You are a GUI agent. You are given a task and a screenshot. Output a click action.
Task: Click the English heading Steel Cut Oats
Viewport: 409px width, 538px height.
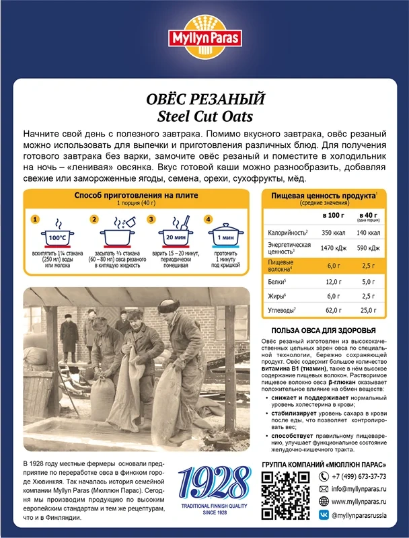pyautogui.click(x=204, y=115)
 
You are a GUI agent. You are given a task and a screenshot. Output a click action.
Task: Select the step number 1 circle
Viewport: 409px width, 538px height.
pyautogui.click(x=36, y=219)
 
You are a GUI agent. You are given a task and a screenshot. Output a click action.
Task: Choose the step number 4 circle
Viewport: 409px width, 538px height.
pyautogui.click(x=209, y=219)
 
